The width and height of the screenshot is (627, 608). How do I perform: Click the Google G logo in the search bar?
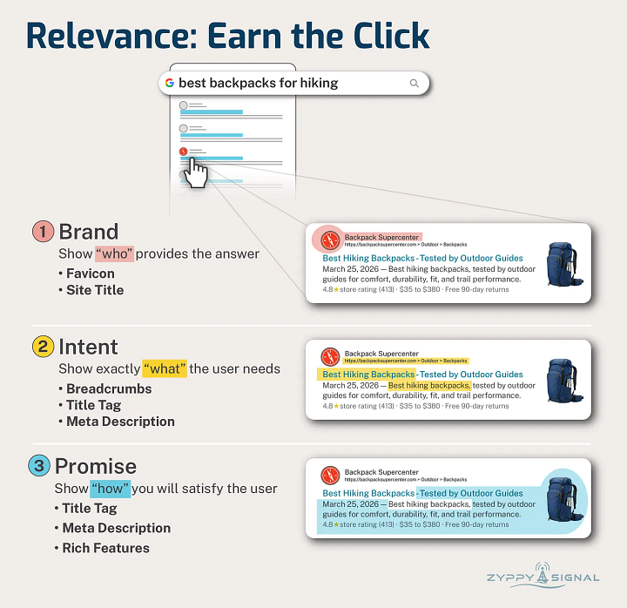click(169, 84)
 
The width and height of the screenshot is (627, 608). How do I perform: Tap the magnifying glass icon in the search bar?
click(414, 84)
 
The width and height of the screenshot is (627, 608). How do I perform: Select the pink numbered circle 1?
click(44, 232)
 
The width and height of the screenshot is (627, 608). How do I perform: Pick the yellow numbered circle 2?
click(44, 347)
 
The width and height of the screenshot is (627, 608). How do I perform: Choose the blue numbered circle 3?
click(39, 466)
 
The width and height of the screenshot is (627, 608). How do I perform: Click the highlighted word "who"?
click(113, 253)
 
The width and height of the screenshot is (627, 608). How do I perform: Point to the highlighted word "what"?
click(165, 368)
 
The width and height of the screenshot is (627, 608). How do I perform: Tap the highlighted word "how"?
click(110, 488)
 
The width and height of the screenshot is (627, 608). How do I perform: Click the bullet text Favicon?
click(90, 274)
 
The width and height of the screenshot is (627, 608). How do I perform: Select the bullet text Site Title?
click(95, 290)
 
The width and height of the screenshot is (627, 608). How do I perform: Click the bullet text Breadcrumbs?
click(109, 388)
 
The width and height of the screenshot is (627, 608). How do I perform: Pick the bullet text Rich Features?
click(105, 548)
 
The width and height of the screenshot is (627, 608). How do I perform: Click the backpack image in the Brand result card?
click(559, 262)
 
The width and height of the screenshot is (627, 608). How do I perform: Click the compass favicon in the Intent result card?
click(329, 356)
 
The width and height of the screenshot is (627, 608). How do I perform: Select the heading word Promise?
click(96, 466)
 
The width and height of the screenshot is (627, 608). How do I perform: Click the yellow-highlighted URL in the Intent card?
click(406, 360)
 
